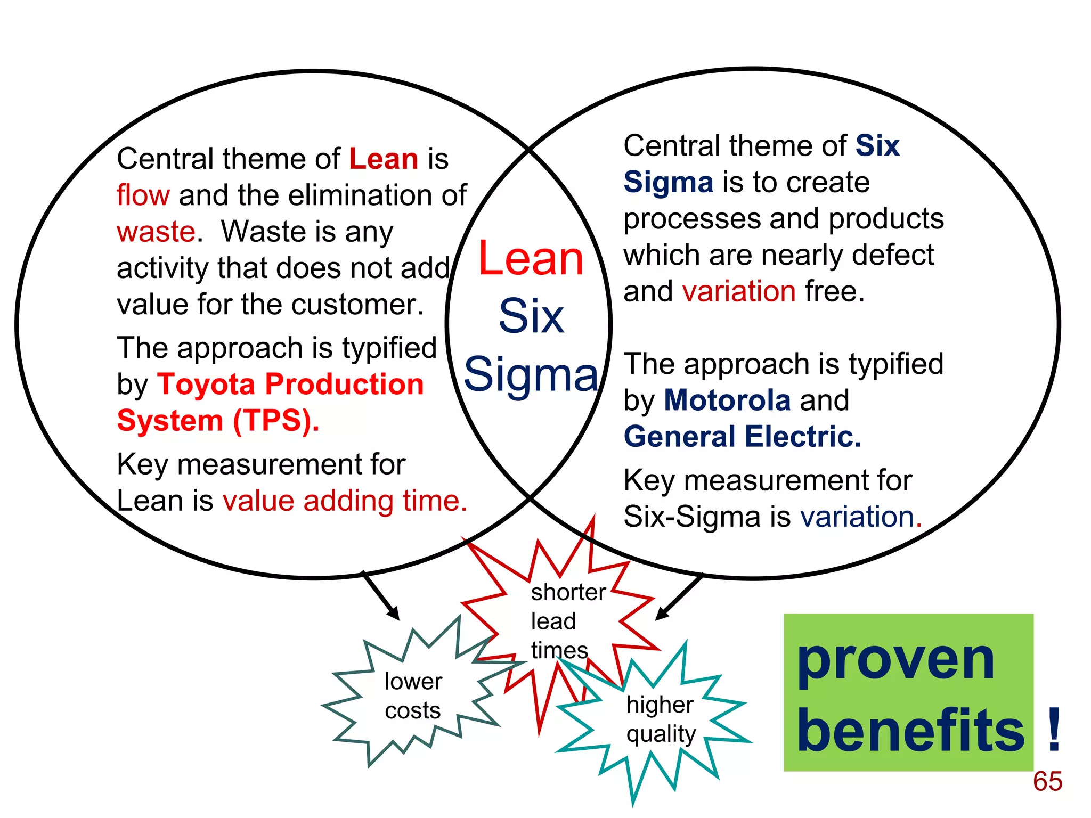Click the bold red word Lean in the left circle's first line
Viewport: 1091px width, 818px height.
pyautogui.click(x=384, y=159)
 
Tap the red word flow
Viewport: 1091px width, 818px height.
pyautogui.click(x=143, y=195)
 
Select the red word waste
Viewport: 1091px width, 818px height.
pyautogui.click(x=156, y=232)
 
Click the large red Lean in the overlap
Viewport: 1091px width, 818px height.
pyautogui.click(x=531, y=258)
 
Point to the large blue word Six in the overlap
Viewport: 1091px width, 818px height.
pyautogui.click(x=531, y=316)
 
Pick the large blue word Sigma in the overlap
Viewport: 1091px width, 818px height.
pyautogui.click(x=531, y=374)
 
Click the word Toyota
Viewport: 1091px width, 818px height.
pyautogui.click(x=206, y=385)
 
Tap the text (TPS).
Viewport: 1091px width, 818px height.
pyautogui.click(x=275, y=421)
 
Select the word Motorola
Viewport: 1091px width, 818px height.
pyautogui.click(x=727, y=400)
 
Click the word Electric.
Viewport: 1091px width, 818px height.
pyautogui.click(x=803, y=437)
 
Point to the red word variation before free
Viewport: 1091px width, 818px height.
pyautogui.click(x=739, y=291)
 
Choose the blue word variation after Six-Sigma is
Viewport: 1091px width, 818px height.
pyautogui.click(x=857, y=517)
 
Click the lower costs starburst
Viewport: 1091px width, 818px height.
pyautogui.click(x=413, y=695)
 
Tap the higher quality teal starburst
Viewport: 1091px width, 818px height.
pyautogui.click(x=661, y=719)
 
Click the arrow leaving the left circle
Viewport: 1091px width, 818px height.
pyautogui.click(x=381, y=596)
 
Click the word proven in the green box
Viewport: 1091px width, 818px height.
pyautogui.click(x=895, y=660)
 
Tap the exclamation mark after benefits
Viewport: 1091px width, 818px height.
pyautogui.click(x=1053, y=730)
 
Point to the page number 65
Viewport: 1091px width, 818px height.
pyautogui.click(x=1047, y=781)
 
